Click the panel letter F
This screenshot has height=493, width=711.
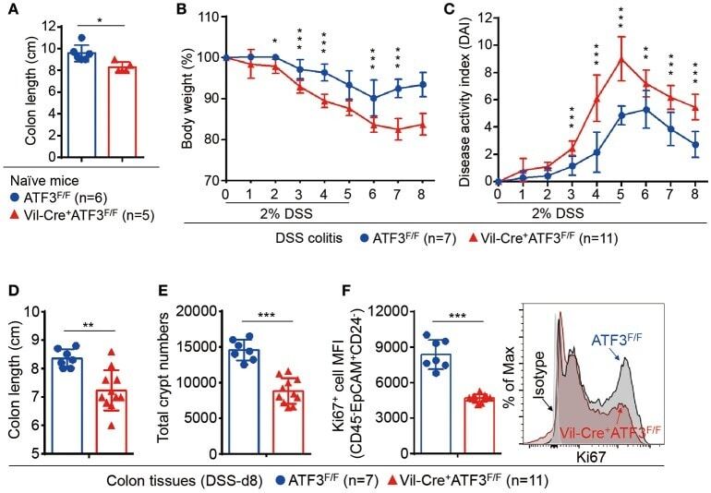pyautogui.click(x=348, y=293)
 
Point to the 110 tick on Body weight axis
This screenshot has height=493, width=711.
pyautogui.click(x=211, y=17)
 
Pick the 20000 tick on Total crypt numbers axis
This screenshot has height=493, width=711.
pyautogui.click(x=200, y=311)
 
